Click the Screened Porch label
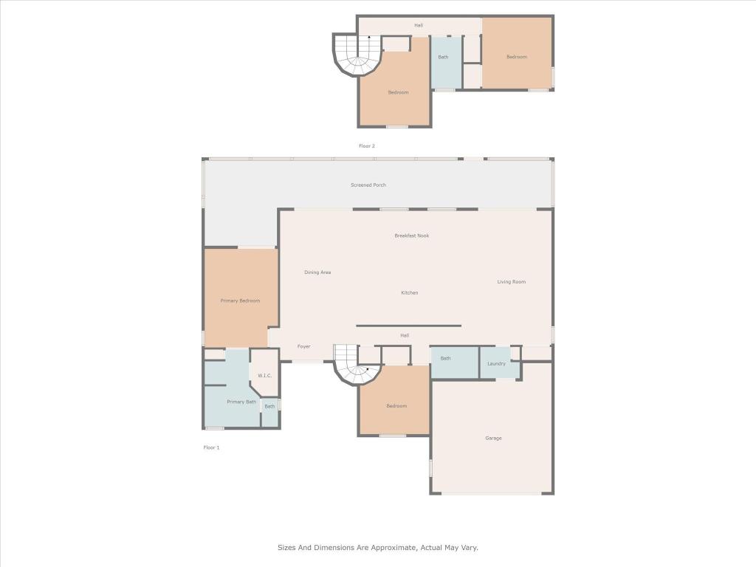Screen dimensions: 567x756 pyautogui.click(x=368, y=185)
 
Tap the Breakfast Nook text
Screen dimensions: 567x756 pyautogui.click(x=411, y=236)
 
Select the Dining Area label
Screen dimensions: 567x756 pyautogui.click(x=317, y=272)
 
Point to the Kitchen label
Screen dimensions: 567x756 pyautogui.click(x=409, y=292)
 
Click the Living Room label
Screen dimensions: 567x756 pyautogui.click(x=511, y=281)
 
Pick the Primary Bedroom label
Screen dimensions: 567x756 pyautogui.click(x=240, y=300)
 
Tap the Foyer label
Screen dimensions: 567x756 pyautogui.click(x=303, y=346)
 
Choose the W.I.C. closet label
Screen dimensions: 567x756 pyautogui.click(x=264, y=376)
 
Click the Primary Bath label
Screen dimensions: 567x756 pyautogui.click(x=241, y=402)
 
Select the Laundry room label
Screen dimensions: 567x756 pyautogui.click(x=496, y=363)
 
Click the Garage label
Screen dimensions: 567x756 pyautogui.click(x=493, y=438)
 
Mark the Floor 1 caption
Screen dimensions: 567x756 pyautogui.click(x=211, y=447)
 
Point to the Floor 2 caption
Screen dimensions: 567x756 pyautogui.click(x=367, y=146)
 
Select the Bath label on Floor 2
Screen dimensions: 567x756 pyautogui.click(x=443, y=57)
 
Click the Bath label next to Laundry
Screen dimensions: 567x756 pyautogui.click(x=445, y=358)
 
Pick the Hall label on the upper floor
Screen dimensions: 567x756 pyautogui.click(x=419, y=26)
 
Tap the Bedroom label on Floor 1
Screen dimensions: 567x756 pyautogui.click(x=396, y=406)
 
